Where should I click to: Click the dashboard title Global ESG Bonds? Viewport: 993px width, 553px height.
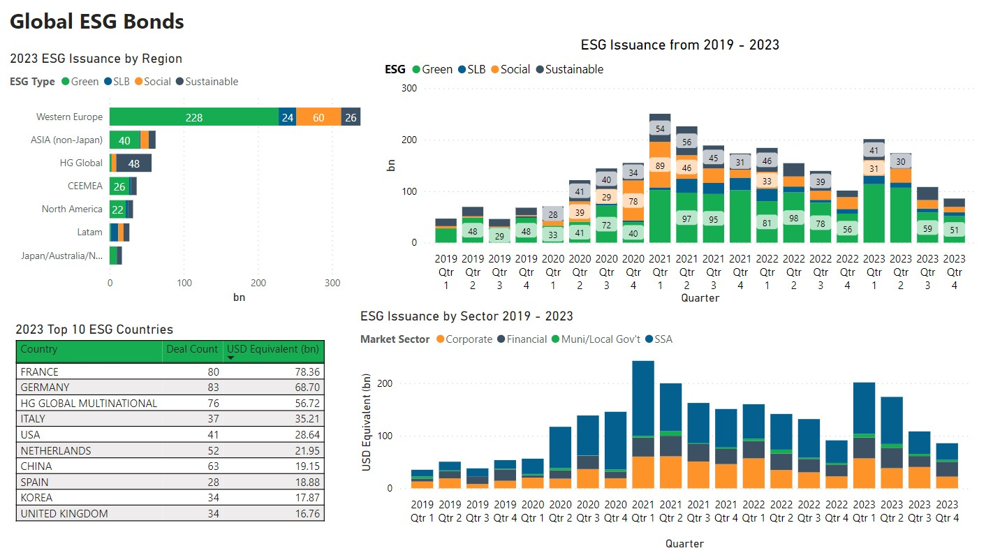coord(97,22)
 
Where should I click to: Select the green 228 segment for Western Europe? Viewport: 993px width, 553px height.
coord(193,117)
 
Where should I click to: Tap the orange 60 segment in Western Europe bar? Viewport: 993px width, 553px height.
coord(318,117)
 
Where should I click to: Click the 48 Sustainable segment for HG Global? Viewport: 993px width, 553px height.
coord(133,163)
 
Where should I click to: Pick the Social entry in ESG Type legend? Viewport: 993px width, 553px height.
coord(157,82)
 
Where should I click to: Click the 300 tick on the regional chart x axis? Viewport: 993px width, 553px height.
coord(333,283)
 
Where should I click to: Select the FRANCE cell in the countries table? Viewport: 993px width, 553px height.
coord(40,372)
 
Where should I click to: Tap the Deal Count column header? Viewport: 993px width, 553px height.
coord(192,349)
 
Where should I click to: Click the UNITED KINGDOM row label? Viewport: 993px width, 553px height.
coord(64,514)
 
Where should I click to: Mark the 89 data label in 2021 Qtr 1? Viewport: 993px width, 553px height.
coord(660,165)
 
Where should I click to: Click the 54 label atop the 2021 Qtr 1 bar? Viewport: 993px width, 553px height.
coord(660,128)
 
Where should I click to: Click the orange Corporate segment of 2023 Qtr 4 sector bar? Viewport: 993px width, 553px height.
coord(947,482)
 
